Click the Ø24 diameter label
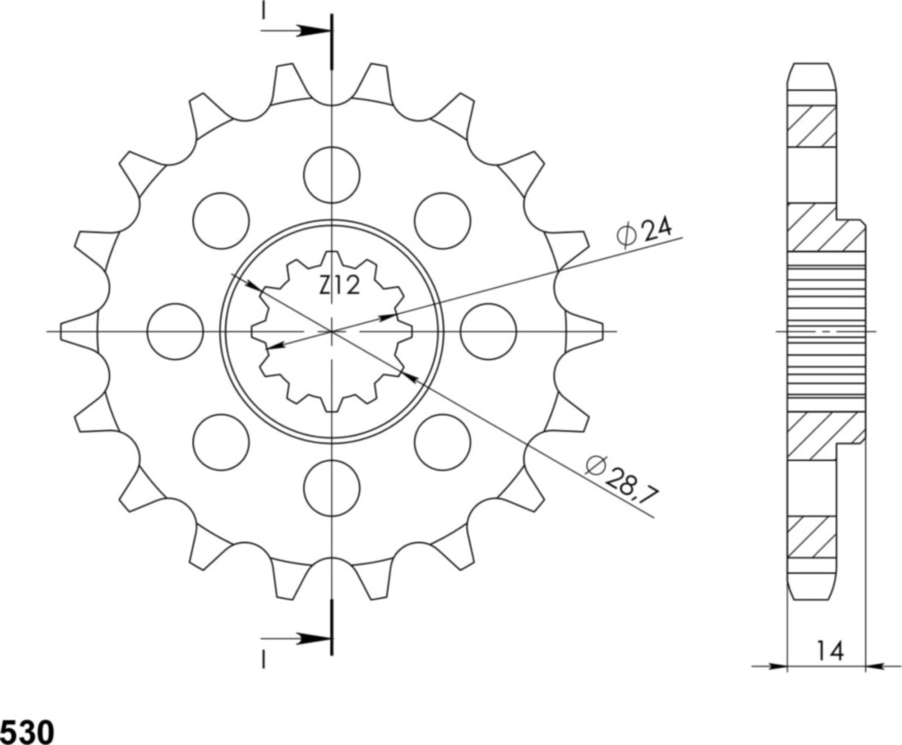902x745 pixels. pyautogui.click(x=644, y=232)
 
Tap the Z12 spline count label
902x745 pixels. pyautogui.click(x=339, y=287)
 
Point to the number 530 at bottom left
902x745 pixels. pyautogui.click(x=26, y=730)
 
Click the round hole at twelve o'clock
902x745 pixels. pyautogui.click(x=332, y=175)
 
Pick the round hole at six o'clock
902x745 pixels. pyautogui.click(x=332, y=488)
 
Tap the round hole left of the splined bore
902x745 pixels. pyautogui.click(x=175, y=331)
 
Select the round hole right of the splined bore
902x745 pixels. pyautogui.click(x=488, y=331)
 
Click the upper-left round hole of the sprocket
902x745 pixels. pyautogui.click(x=221, y=220)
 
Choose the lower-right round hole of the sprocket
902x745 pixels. pyautogui.click(x=443, y=442)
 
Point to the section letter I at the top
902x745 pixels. pyautogui.click(x=263, y=10)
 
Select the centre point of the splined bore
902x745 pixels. pyautogui.click(x=332, y=331)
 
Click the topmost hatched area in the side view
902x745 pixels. pyautogui.click(x=811, y=127)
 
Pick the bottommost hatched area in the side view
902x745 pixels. pyautogui.click(x=811, y=537)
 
